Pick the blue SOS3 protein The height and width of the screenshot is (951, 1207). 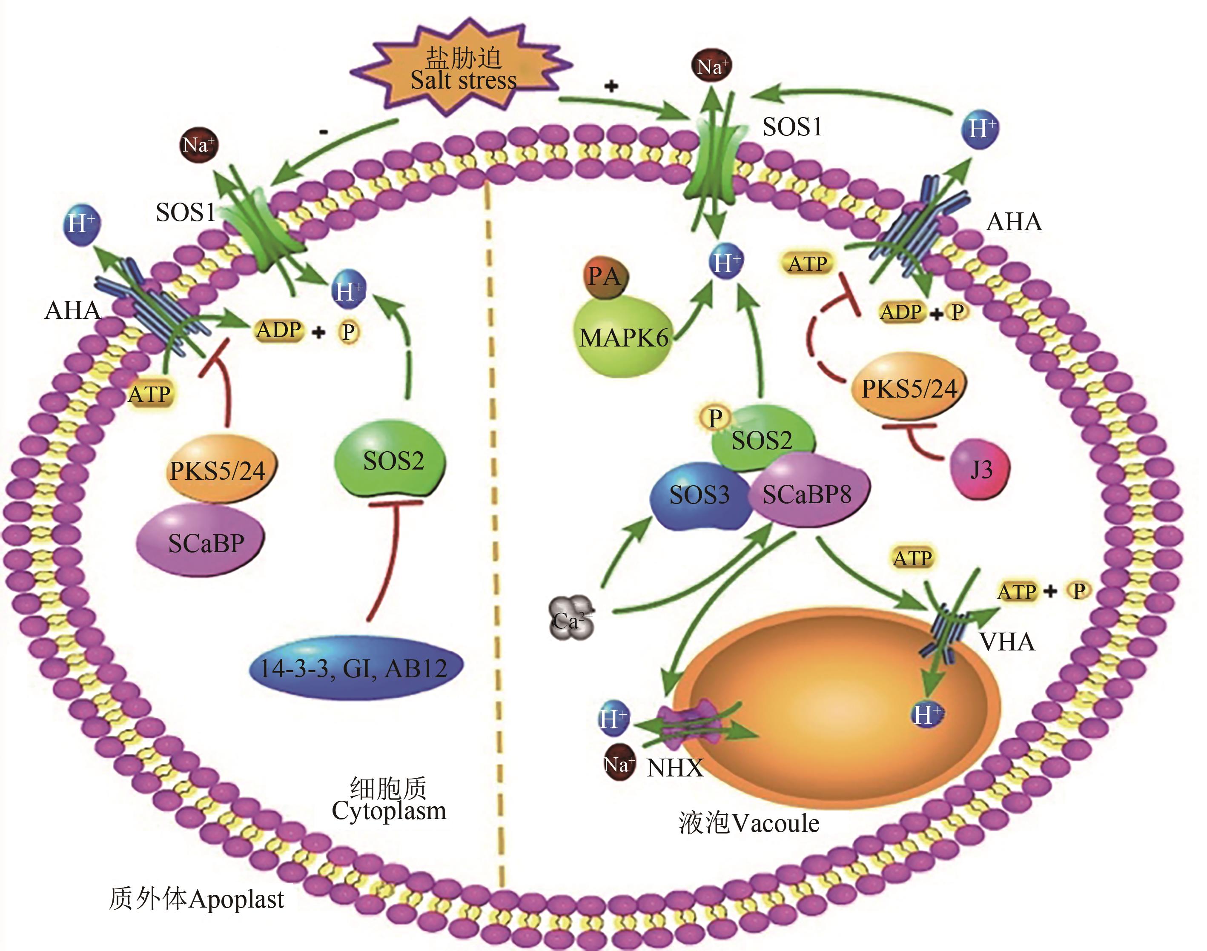tap(699, 496)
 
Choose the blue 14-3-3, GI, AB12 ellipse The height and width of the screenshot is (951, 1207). tap(355, 668)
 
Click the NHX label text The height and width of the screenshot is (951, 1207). tap(675, 768)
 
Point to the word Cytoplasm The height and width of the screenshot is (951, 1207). tap(389, 811)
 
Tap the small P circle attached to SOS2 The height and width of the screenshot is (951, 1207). tap(714, 418)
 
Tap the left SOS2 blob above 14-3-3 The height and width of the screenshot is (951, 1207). tap(392, 460)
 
